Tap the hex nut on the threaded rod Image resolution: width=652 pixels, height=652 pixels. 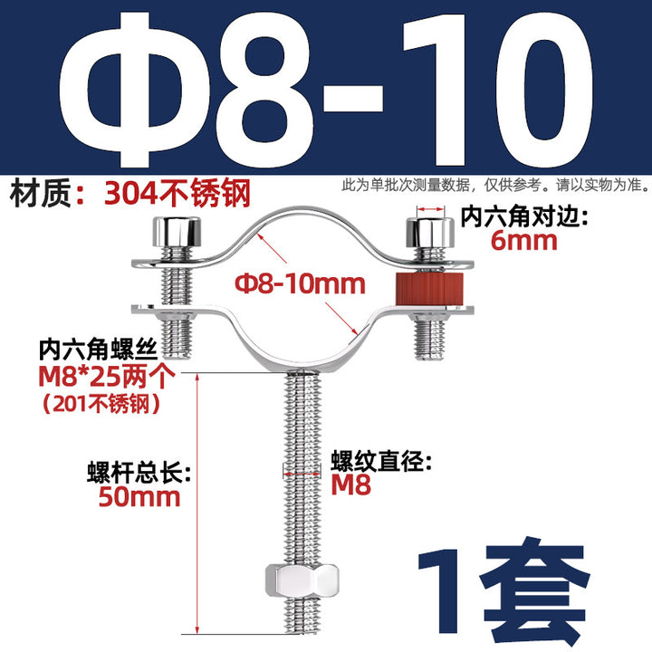point(302,580)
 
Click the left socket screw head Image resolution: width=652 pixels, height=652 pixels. point(177,232)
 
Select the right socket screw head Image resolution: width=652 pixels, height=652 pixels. point(430,232)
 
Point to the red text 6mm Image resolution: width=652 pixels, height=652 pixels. point(523,241)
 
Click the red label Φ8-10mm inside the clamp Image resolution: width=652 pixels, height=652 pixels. point(300,284)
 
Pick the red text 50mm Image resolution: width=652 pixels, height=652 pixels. point(139,497)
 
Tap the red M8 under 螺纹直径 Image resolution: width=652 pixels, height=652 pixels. point(351,484)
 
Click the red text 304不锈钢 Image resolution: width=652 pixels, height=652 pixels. point(177,194)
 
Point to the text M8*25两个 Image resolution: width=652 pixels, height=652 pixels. point(107,377)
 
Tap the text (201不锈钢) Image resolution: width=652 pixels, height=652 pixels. point(101,403)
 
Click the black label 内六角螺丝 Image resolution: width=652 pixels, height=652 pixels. point(98,350)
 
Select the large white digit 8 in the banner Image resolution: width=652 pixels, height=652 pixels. point(264,90)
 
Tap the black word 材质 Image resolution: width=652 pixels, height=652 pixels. point(41,194)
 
